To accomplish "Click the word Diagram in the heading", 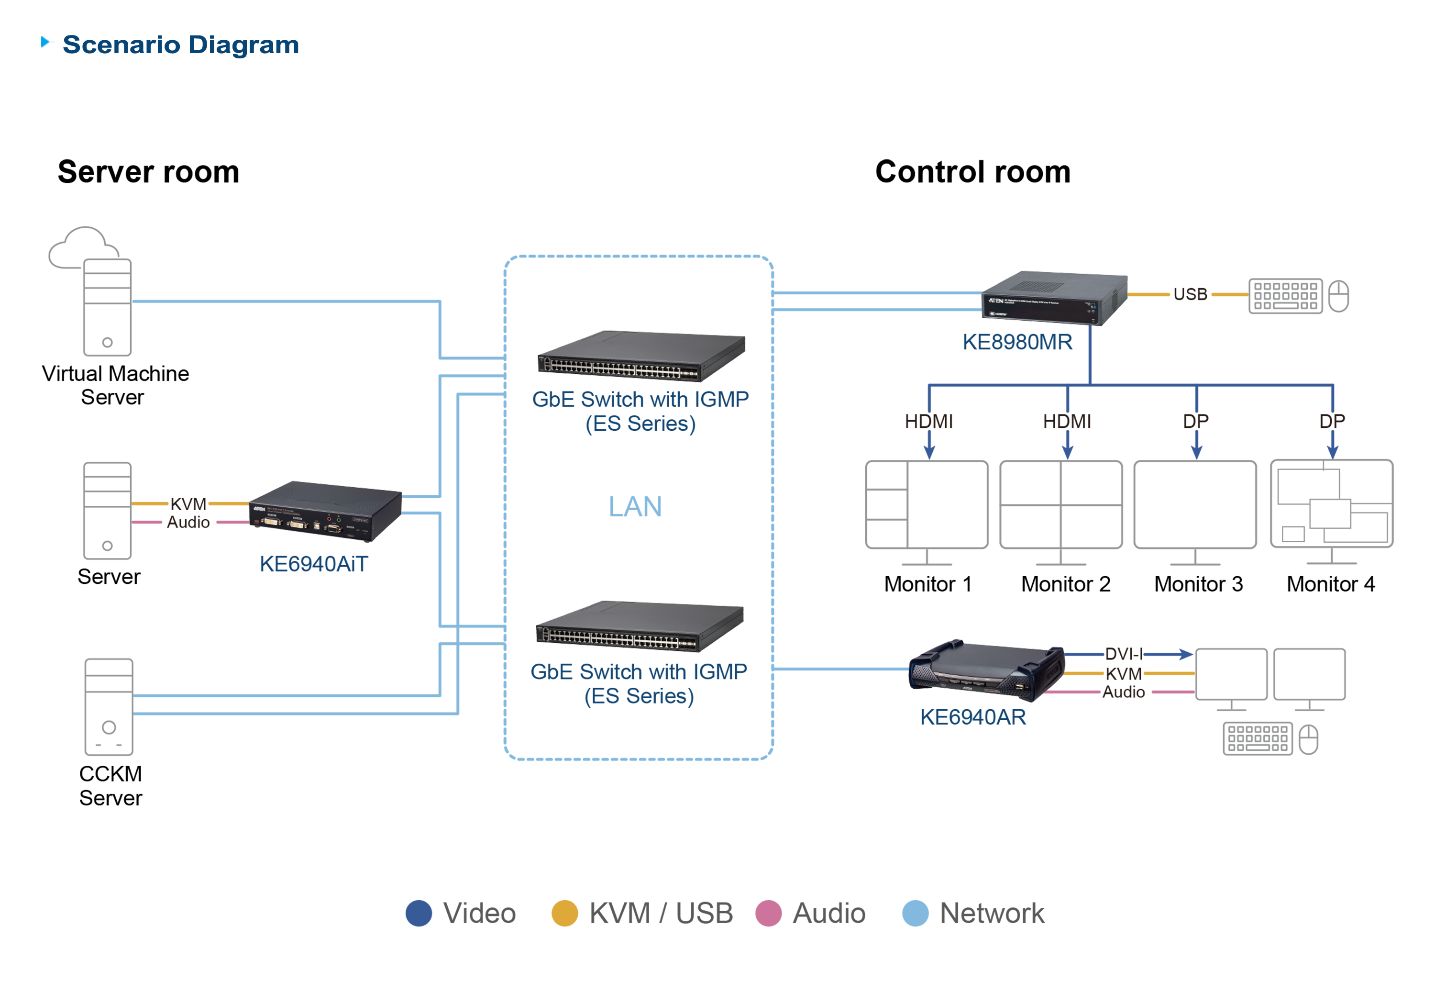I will click(244, 45).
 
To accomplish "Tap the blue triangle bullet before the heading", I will click(47, 42).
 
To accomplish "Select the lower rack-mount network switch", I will click(640, 627).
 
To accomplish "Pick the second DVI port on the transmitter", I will click(297, 524).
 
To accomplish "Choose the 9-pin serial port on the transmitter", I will click(334, 528).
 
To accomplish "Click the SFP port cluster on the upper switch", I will click(689, 374).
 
